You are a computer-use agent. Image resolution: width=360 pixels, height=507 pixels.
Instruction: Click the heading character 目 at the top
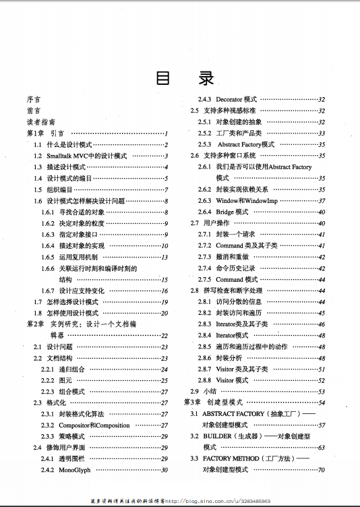162,78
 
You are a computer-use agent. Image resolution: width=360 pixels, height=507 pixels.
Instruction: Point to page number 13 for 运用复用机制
164,257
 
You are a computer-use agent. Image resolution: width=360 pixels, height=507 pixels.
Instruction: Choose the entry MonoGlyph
74,469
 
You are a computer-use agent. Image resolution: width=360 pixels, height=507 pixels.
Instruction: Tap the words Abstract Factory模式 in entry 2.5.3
245,144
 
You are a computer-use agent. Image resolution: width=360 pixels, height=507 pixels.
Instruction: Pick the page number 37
322,201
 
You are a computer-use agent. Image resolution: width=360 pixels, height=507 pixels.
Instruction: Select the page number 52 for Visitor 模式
322,380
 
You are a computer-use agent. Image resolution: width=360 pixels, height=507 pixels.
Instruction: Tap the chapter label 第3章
192,402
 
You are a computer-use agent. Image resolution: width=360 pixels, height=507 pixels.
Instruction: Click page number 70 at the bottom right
322,469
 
